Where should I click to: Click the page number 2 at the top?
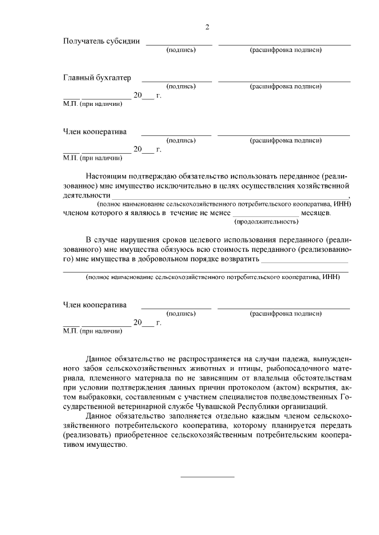pos(207,27)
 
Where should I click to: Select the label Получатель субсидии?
pos(101,41)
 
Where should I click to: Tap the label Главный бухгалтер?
pos(97,78)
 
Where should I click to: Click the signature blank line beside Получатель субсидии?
pos(179,44)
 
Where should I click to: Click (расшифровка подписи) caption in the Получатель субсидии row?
pos(286,50)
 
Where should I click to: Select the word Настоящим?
pos(105,176)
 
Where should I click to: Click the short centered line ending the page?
pos(207,476)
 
